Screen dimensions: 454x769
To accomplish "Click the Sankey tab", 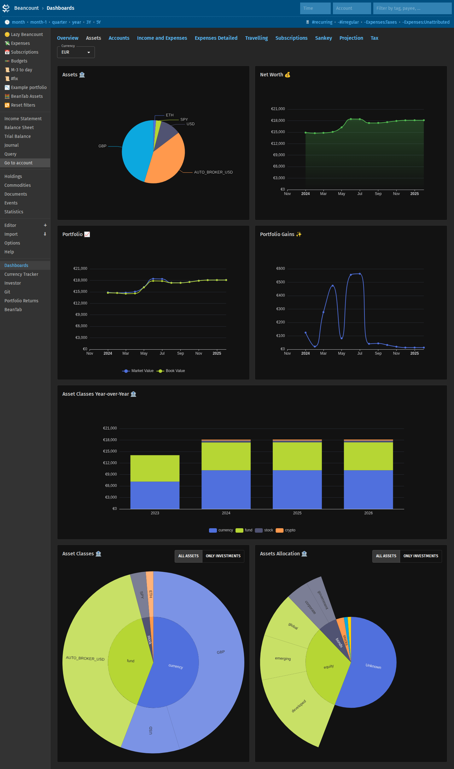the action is pyautogui.click(x=323, y=38).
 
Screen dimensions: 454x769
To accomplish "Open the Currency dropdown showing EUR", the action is pyautogui.click(x=76, y=52).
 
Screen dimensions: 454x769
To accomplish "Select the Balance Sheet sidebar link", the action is pyautogui.click(x=19, y=127).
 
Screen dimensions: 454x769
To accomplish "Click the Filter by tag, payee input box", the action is pyautogui.click(x=412, y=8).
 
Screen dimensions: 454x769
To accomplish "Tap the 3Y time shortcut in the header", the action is pyautogui.click(x=89, y=22).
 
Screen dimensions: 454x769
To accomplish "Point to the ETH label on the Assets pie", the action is pyautogui.click(x=170, y=115).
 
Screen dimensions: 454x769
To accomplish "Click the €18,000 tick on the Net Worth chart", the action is pyautogui.click(x=278, y=121).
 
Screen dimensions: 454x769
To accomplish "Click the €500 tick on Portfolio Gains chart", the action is pyautogui.click(x=280, y=282).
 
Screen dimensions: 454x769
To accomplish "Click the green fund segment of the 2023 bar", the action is pyautogui.click(x=155, y=468).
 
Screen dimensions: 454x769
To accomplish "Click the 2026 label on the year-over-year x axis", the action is pyautogui.click(x=368, y=513).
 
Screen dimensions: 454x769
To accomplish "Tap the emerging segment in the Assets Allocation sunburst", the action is pyautogui.click(x=283, y=658).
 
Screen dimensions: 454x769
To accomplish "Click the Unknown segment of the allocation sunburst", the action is pyautogui.click(x=374, y=666).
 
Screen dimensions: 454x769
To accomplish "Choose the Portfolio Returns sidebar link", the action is pyautogui.click(x=21, y=301).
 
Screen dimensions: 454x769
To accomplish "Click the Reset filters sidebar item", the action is pyautogui.click(x=20, y=105).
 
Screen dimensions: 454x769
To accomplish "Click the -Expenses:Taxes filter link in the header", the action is pyautogui.click(x=381, y=22).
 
